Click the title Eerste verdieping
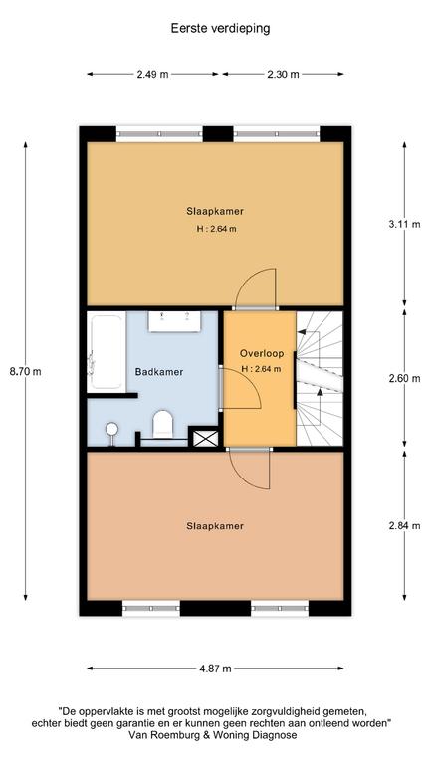tap(220, 28)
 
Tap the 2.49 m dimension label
tap(152, 74)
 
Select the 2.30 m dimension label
tap(284, 74)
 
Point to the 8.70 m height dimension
tap(25, 371)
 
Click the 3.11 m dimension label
tap(405, 225)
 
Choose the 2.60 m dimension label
tap(405, 378)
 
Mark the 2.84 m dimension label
tap(405, 525)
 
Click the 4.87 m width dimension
tap(215, 668)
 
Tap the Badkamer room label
tap(159, 372)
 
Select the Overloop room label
tap(262, 353)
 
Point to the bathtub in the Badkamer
tap(106, 353)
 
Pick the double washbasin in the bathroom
tap(174, 322)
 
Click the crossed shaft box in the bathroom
tap(206, 437)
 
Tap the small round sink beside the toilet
tap(112, 430)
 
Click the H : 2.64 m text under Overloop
tap(262, 369)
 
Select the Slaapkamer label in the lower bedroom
tap(215, 526)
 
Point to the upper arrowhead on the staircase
tap(302, 332)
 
